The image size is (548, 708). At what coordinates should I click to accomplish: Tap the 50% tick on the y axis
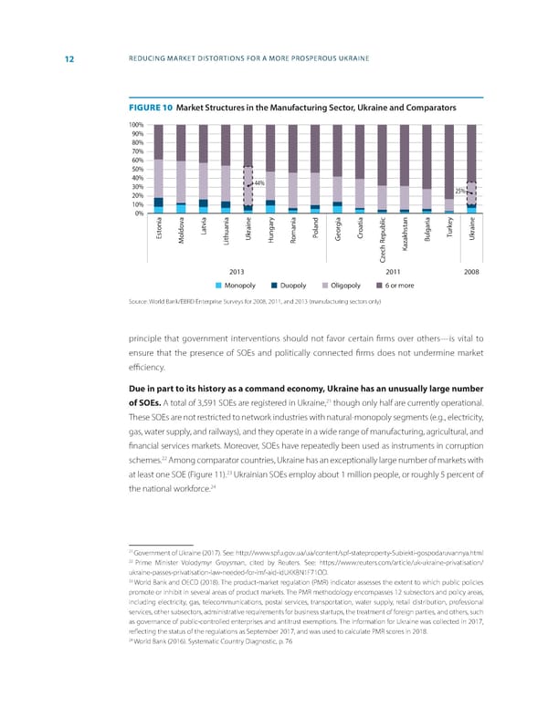tap(137, 169)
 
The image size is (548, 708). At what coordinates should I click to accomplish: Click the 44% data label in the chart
tap(259, 183)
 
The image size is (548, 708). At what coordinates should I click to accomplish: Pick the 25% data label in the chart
tap(459, 192)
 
